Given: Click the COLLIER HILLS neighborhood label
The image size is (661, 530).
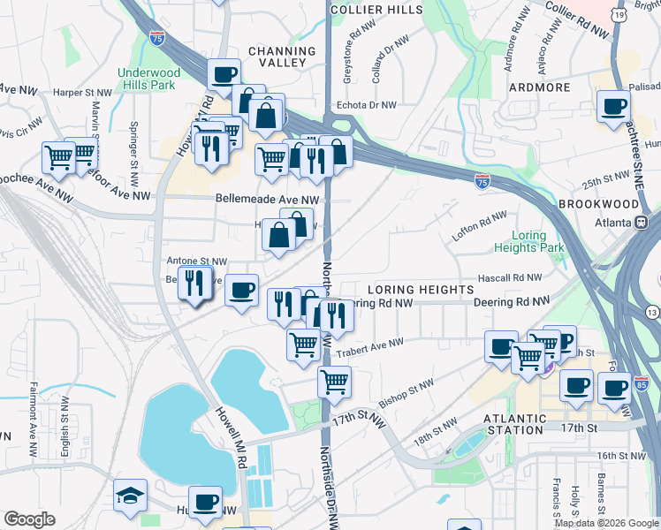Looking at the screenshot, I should coord(376,9).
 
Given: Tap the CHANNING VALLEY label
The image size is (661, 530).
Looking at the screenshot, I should coord(282,57).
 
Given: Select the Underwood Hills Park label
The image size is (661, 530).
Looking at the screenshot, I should coord(148,79).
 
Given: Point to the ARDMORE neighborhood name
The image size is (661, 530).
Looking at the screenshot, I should coord(539,87).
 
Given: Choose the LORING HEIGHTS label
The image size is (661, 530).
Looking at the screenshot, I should coord(420,290).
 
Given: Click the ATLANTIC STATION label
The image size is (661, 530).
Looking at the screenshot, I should coord(513,423).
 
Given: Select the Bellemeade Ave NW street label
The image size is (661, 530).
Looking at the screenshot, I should coord(266,201).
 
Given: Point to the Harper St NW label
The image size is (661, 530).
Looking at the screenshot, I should coord(82,91).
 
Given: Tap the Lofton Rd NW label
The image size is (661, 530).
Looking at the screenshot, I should coord(480,225).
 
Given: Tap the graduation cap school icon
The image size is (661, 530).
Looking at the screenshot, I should coord(130,496).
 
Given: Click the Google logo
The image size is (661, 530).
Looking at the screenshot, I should coord(29,520).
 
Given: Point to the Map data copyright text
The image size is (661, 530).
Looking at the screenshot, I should coord(605,523).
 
